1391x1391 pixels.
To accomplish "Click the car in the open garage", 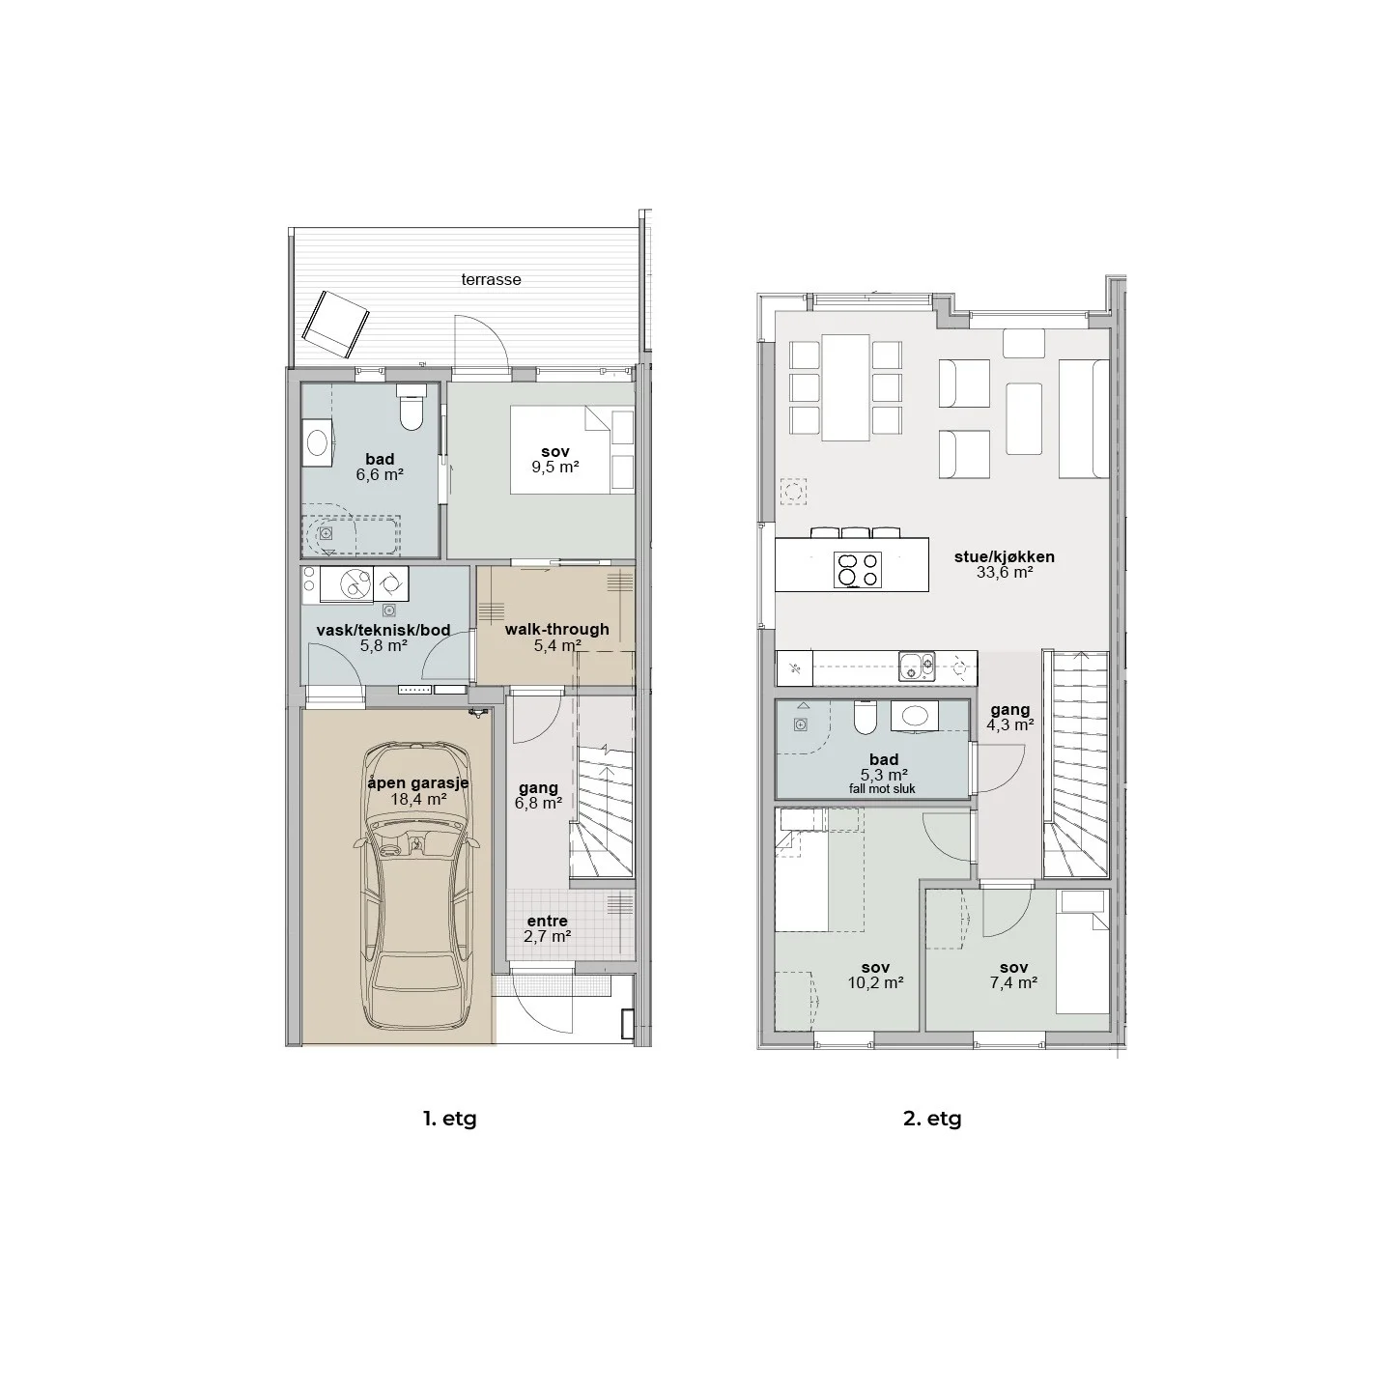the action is pos(416,886).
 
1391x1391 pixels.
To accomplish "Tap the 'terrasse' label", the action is pos(491,279).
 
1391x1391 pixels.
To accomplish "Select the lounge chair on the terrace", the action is pos(335,325).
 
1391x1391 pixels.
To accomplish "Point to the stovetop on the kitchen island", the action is pos(858,570).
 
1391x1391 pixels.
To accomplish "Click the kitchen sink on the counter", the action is pos(917,667).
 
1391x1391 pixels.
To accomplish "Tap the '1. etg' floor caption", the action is pos(450,1119).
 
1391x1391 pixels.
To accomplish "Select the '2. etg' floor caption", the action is pos(932,1119).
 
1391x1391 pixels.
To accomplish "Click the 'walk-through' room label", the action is pos(556,630).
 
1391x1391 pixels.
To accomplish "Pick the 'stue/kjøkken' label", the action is pos(1004,556).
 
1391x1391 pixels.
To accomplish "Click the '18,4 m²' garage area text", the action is pos(418,799).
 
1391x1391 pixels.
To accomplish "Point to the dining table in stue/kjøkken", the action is pos(845,387).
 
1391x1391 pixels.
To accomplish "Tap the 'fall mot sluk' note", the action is pos(882,789).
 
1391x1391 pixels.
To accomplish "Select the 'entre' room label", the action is pos(547,922).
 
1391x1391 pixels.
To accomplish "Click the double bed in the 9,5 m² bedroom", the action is pos(572,450).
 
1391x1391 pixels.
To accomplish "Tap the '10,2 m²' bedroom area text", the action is pos(875,982).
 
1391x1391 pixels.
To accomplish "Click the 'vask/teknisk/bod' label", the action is pos(383,630).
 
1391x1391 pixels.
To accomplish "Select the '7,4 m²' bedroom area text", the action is pos(1014,982).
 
